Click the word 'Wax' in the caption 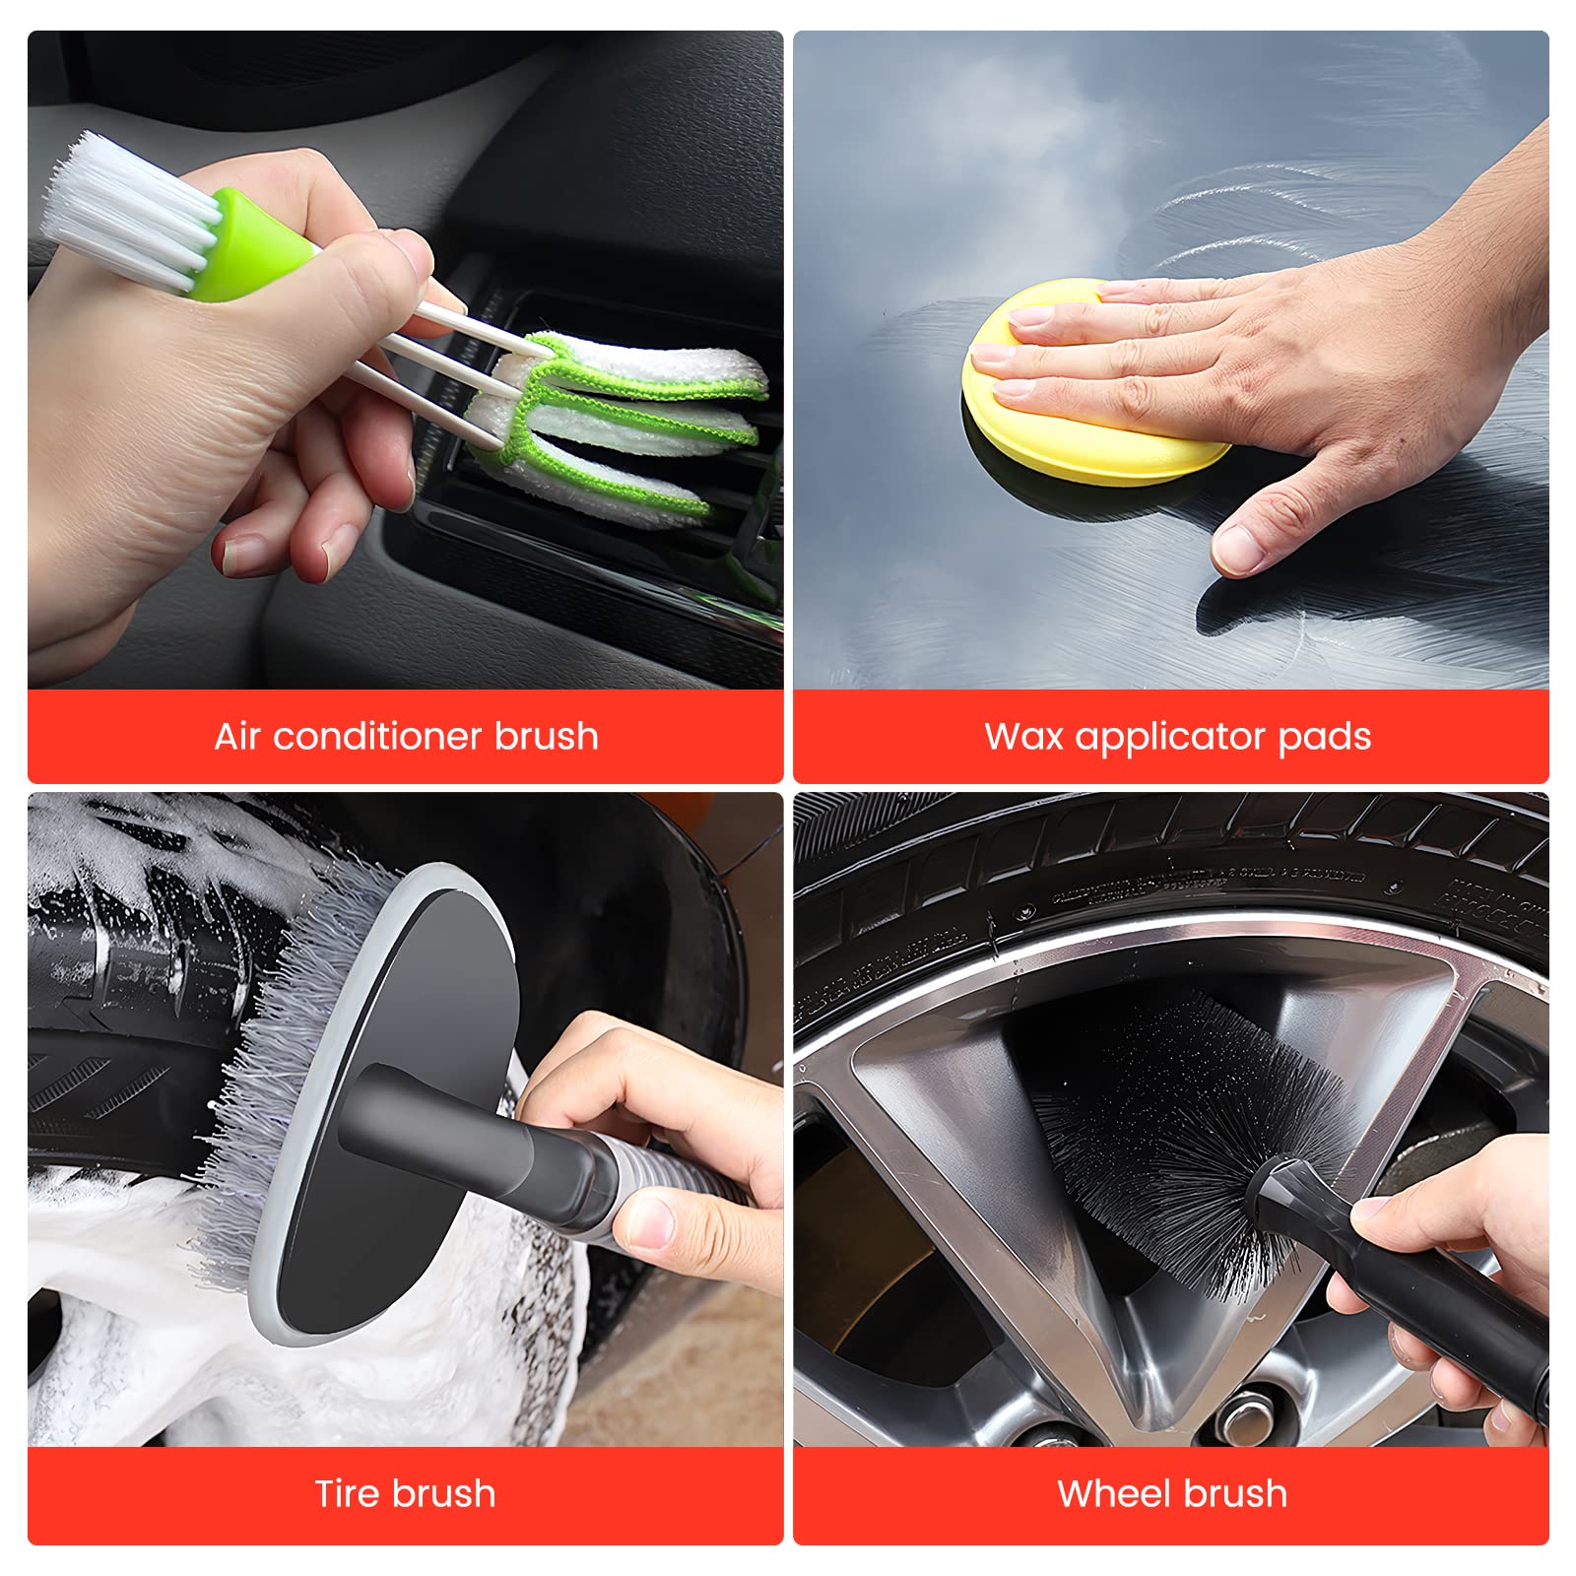(1023, 736)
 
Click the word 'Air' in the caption (236, 736)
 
